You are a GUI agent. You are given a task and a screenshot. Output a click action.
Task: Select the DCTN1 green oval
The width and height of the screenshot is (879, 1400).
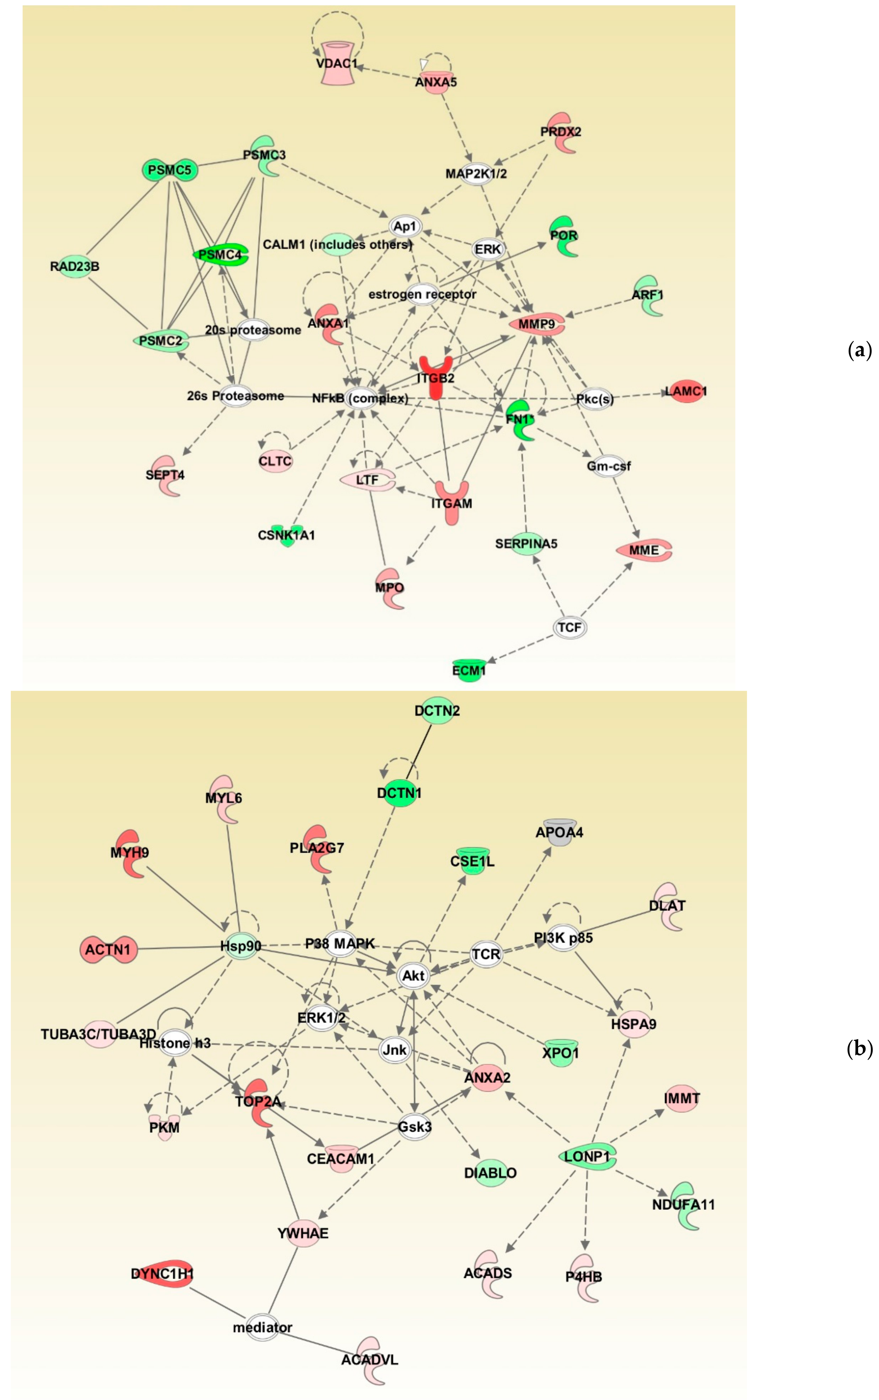click(x=400, y=793)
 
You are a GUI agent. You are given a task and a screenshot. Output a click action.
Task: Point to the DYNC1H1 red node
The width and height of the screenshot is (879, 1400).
click(x=162, y=1274)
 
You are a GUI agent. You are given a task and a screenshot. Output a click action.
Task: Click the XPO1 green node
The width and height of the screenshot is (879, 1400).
click(x=561, y=1052)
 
